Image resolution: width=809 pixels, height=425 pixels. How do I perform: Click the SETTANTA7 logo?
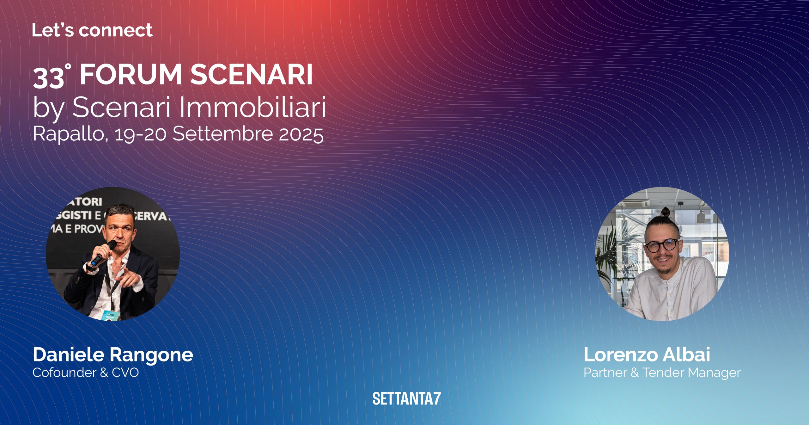click(x=406, y=398)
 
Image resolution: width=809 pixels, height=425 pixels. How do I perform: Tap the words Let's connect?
click(x=92, y=30)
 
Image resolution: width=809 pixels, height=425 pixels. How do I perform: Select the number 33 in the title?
click(x=49, y=77)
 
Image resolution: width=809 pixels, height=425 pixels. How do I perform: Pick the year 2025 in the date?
click(x=301, y=134)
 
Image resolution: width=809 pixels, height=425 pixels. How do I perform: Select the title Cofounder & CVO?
click(x=86, y=373)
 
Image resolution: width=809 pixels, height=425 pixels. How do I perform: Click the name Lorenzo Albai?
click(x=647, y=354)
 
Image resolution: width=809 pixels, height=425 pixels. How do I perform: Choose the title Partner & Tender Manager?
click(x=662, y=373)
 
